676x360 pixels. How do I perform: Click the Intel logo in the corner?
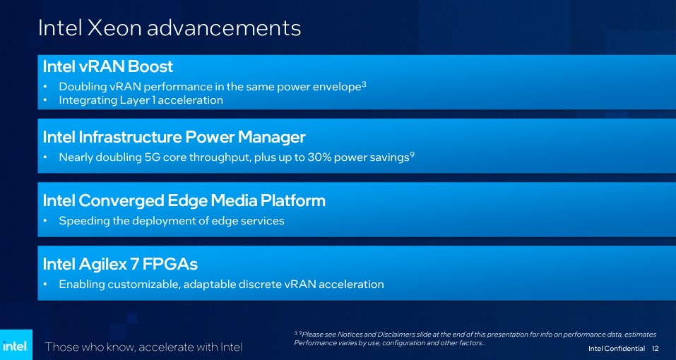(x=16, y=345)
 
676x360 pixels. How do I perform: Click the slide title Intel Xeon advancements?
(x=170, y=28)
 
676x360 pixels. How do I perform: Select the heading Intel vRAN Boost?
(x=108, y=67)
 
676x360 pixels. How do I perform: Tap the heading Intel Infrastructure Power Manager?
(x=174, y=138)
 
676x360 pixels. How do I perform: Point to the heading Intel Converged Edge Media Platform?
(x=184, y=201)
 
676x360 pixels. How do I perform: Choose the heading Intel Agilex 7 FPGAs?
(x=120, y=265)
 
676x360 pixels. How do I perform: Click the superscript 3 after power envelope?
(x=364, y=84)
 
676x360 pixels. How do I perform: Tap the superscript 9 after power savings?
(x=412, y=155)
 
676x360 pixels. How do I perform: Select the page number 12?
(x=656, y=348)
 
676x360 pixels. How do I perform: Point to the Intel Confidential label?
(x=617, y=348)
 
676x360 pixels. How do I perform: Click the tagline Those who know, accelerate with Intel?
(x=144, y=347)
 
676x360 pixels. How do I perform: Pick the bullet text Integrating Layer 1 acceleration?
(x=141, y=101)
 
